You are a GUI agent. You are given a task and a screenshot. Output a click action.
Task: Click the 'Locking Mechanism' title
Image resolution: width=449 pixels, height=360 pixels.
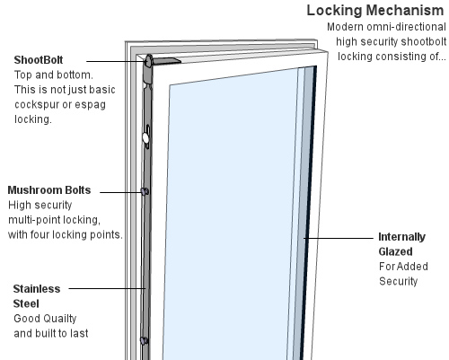point(375,11)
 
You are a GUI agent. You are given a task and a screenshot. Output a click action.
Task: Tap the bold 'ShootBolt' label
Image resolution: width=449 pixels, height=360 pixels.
point(39,60)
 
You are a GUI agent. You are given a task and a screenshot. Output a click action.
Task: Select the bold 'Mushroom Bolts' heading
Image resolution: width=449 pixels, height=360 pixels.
point(49,190)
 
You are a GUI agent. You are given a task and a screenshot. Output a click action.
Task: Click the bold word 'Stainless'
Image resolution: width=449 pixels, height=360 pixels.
point(37,289)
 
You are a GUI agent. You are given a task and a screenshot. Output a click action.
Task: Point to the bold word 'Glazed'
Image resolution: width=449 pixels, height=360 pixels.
point(395,251)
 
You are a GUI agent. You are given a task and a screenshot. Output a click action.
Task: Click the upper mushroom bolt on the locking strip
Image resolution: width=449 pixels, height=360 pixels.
point(145,191)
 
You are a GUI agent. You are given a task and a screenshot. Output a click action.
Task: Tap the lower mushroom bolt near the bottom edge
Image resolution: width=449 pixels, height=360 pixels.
point(144,340)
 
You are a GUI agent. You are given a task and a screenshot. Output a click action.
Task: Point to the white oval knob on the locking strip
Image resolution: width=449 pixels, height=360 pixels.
point(145,138)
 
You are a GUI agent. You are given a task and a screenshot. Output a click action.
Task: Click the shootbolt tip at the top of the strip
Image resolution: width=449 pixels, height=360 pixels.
point(148,61)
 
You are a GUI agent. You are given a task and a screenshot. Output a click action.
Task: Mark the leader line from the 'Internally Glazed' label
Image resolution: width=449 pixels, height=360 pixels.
point(339,238)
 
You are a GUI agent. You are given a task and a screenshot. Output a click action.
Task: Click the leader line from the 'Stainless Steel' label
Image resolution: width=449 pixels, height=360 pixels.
point(107,288)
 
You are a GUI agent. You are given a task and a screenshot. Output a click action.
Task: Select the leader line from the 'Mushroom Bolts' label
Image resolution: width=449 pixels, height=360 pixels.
point(120,192)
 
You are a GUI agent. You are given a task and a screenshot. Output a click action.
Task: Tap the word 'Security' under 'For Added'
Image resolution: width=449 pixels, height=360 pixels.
point(398,281)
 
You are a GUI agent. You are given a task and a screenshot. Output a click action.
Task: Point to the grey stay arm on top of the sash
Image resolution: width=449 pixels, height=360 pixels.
point(167,61)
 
